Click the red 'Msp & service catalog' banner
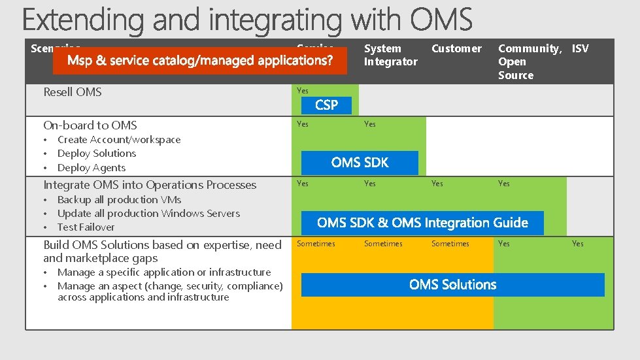201,61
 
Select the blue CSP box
326,105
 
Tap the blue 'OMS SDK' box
360,163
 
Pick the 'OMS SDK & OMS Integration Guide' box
422,223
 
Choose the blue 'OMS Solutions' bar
452,285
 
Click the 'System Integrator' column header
390,55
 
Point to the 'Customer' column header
456,48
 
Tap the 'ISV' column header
580,48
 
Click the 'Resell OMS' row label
73,92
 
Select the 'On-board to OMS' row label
90,125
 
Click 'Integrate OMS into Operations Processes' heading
150,185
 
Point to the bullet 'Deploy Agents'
91,168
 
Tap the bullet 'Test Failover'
86,227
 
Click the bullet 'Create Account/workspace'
119,140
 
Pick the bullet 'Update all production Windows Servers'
148,214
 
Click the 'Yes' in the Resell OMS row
303,91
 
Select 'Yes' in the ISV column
577,244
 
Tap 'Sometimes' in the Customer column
450,244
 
